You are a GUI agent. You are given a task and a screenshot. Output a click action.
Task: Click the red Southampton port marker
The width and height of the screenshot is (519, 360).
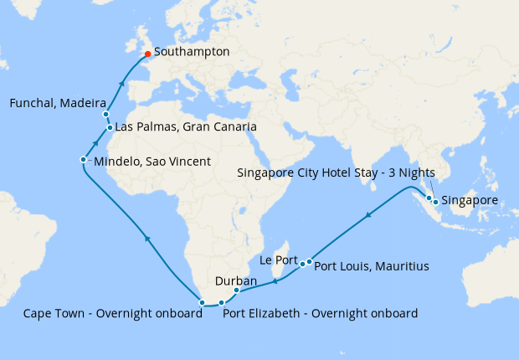(x=148, y=57)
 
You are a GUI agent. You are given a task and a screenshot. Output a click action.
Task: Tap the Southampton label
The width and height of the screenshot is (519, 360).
(x=192, y=52)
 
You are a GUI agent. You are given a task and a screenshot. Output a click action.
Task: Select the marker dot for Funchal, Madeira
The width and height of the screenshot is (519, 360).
(x=106, y=114)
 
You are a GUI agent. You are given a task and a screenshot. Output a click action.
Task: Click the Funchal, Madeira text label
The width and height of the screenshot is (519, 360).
(x=52, y=103)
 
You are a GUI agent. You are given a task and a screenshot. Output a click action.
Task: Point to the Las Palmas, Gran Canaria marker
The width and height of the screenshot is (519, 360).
(x=110, y=128)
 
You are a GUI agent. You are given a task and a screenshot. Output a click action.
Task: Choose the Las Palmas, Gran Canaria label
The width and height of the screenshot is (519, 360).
(x=185, y=127)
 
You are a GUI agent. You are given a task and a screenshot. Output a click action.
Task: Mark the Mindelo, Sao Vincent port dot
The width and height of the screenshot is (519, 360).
(x=83, y=159)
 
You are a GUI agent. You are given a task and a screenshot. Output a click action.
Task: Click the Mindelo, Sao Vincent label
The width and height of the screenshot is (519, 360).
(x=152, y=161)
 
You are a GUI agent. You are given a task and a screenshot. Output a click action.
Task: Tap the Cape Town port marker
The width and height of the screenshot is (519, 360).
(x=203, y=301)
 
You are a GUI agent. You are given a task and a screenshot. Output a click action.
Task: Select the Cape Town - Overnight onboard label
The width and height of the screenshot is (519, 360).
(x=113, y=314)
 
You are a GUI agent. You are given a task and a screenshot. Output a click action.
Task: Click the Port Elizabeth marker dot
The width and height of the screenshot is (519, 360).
(x=221, y=302)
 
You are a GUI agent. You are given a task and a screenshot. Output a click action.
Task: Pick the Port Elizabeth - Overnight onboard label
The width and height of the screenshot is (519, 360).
(x=320, y=314)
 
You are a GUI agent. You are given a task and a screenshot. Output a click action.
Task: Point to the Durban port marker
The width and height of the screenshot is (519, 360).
(x=237, y=291)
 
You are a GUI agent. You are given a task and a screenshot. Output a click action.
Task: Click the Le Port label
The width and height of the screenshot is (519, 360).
(x=279, y=260)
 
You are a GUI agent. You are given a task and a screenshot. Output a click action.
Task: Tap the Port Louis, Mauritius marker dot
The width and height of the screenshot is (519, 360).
(x=310, y=262)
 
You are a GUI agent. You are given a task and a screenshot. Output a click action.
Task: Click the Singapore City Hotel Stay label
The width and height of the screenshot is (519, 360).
(x=331, y=174)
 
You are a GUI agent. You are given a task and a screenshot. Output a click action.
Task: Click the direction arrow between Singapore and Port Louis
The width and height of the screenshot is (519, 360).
(x=368, y=216)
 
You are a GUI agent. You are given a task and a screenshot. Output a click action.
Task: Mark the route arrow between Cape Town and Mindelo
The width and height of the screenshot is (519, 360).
(x=147, y=239)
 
